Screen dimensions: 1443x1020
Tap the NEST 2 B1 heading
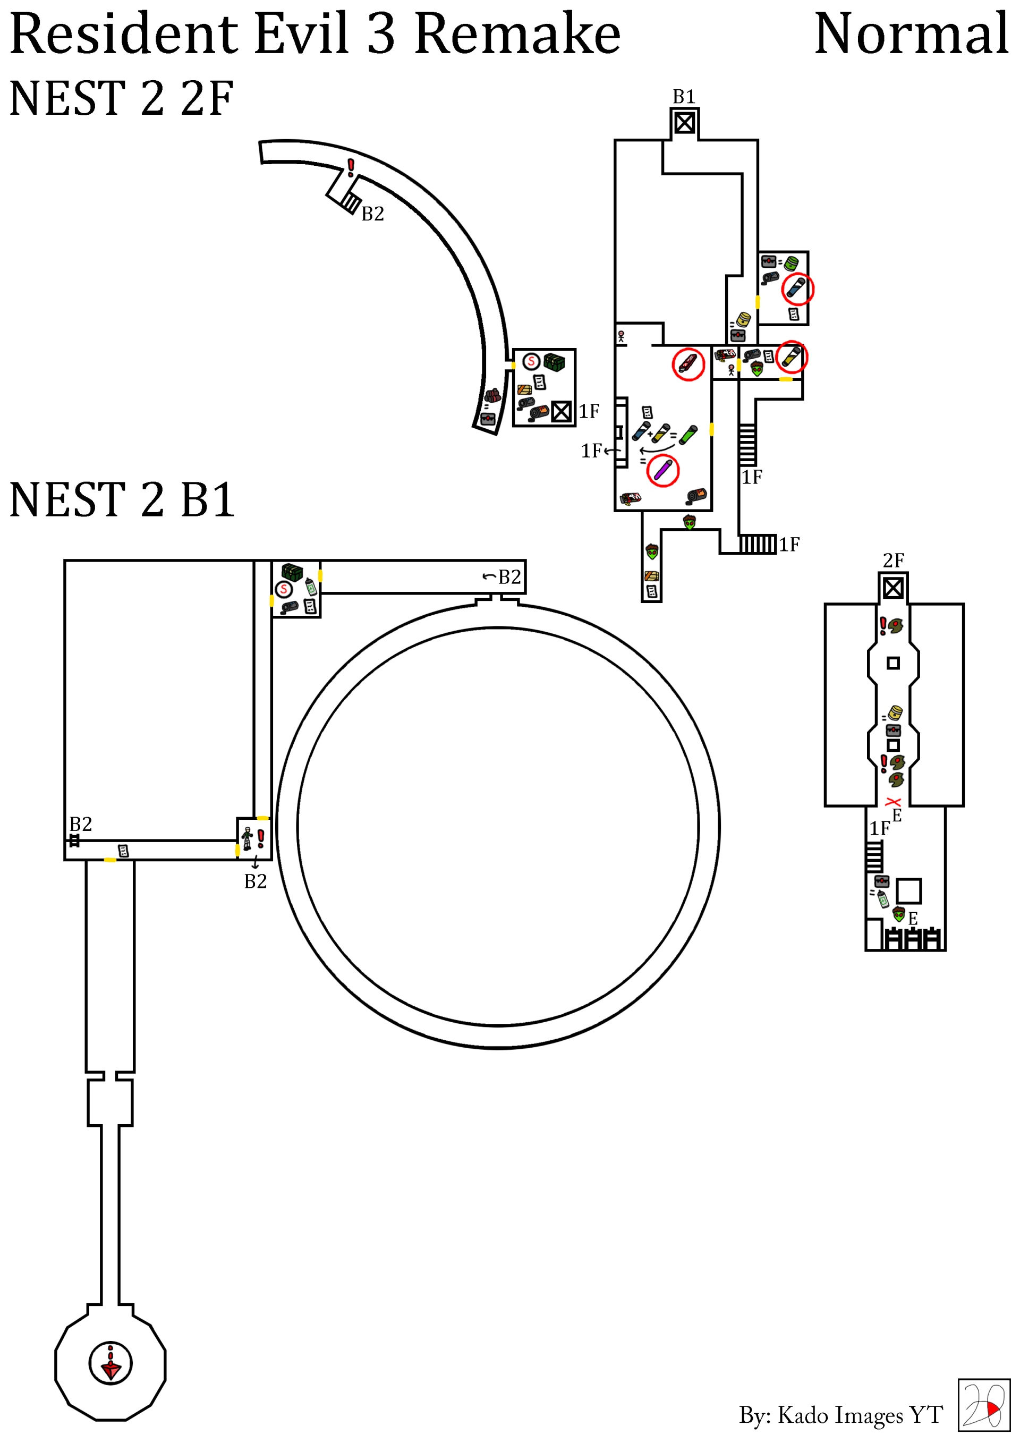click(x=122, y=500)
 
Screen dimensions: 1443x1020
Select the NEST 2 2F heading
click(x=121, y=99)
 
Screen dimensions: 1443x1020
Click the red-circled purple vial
click(x=662, y=470)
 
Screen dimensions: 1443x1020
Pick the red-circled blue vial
click(x=797, y=288)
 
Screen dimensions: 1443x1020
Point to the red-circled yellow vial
click(x=790, y=358)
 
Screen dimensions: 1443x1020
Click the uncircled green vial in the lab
click(x=689, y=434)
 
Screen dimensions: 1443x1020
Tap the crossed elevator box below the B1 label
click(x=684, y=123)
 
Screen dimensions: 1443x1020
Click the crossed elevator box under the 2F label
click(x=893, y=588)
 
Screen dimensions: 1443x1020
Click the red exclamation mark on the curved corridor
click(x=351, y=167)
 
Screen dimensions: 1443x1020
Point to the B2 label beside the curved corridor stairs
click(x=373, y=214)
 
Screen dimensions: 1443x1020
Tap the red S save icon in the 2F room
click(x=532, y=361)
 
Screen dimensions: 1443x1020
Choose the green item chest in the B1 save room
click(x=292, y=572)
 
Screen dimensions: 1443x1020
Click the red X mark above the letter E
click(x=893, y=802)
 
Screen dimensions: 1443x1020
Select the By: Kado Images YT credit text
click(x=840, y=1415)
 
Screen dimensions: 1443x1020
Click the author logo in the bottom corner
click(x=983, y=1405)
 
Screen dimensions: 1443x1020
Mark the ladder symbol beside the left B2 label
click(x=74, y=841)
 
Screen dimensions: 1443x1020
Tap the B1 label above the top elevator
click(x=684, y=97)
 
